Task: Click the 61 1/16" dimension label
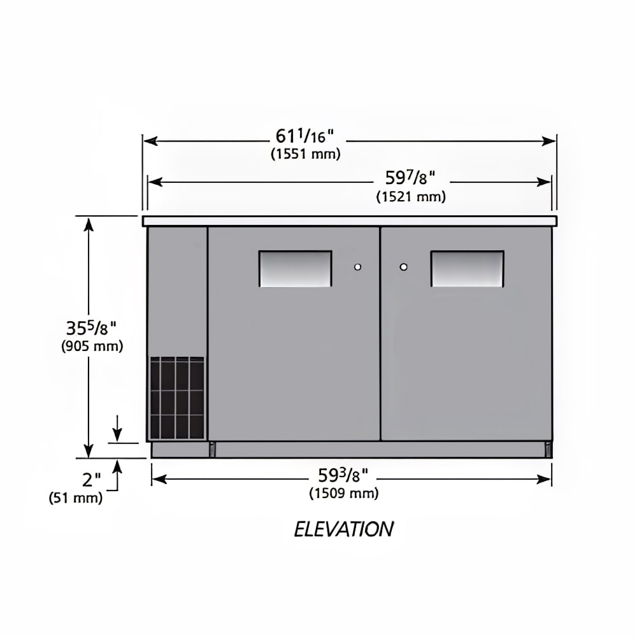304,136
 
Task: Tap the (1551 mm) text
306,154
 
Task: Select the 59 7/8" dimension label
410,178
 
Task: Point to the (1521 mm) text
411,197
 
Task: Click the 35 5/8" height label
91,327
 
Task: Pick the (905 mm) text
92,346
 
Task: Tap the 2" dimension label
91,480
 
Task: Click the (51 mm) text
76,497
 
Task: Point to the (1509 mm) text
344,493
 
